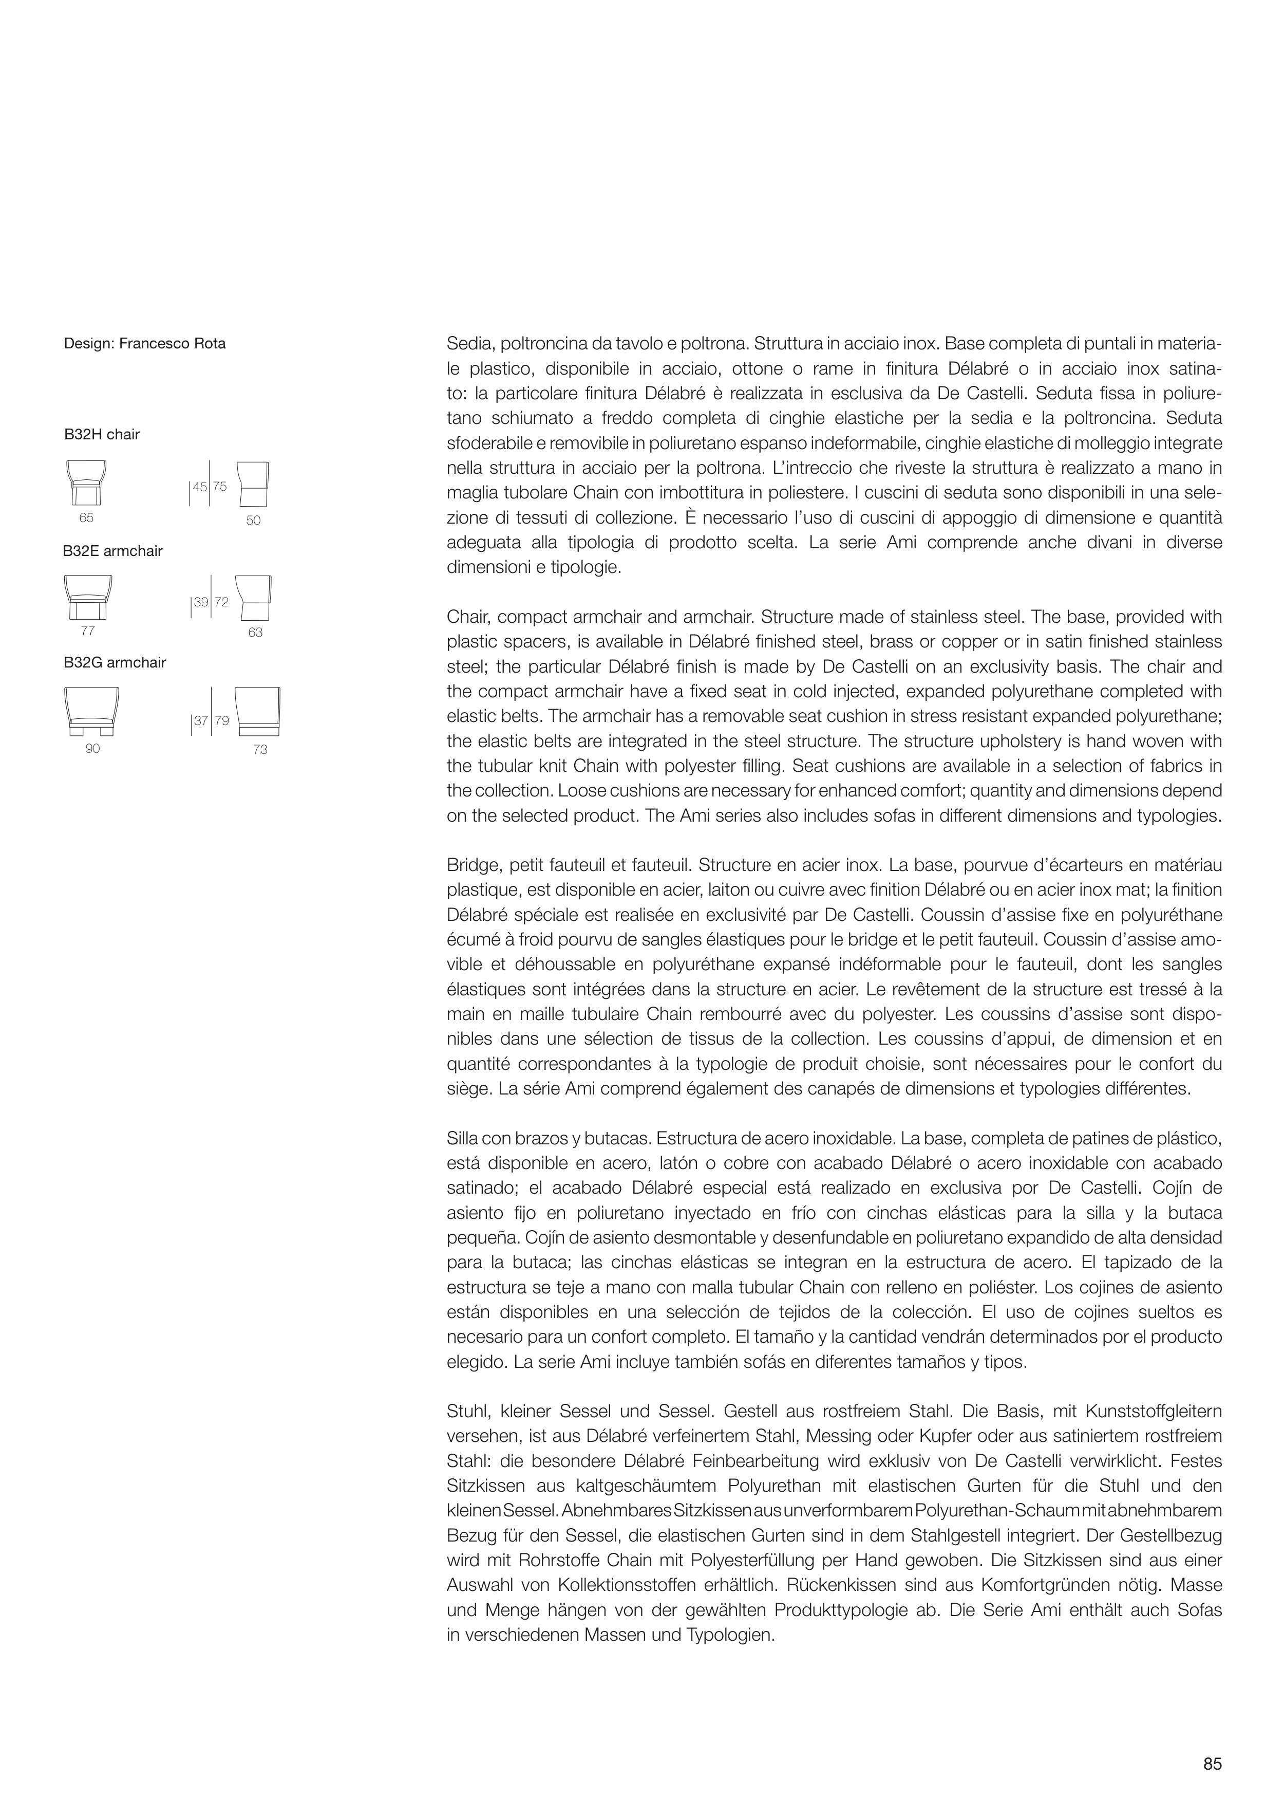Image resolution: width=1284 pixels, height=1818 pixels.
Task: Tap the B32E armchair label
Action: click(x=112, y=550)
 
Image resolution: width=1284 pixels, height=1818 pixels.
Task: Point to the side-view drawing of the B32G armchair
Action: click(x=257, y=711)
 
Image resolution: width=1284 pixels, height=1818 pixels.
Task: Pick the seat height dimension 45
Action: click(x=199, y=487)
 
